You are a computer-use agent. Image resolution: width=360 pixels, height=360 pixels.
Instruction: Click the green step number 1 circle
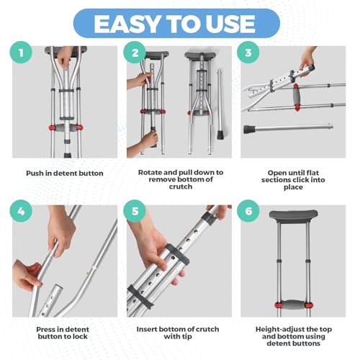click(21, 53)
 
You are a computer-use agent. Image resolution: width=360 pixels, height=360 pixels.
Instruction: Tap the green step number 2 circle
click(135, 53)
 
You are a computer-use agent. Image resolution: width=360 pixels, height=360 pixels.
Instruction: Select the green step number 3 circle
click(248, 53)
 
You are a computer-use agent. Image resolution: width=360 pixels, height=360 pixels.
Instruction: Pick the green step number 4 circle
click(21, 211)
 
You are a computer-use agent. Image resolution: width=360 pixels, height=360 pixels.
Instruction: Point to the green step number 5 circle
click(135, 211)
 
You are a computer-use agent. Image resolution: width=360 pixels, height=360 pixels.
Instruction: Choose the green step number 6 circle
click(248, 211)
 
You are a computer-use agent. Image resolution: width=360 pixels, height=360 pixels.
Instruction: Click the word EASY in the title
click(127, 24)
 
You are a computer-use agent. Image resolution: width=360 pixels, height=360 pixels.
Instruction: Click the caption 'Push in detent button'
click(65, 174)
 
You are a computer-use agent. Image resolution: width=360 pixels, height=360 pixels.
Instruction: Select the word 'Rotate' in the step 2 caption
click(150, 172)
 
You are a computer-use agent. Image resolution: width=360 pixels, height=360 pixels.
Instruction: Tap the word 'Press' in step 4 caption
click(46, 329)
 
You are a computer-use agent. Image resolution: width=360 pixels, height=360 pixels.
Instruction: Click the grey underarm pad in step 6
click(293, 215)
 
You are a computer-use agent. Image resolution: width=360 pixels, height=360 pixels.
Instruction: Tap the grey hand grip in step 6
click(294, 304)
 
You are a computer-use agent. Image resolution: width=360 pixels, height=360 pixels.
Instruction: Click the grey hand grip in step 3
click(297, 96)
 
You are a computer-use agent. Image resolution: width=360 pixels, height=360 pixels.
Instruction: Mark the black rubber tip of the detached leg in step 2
click(220, 135)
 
